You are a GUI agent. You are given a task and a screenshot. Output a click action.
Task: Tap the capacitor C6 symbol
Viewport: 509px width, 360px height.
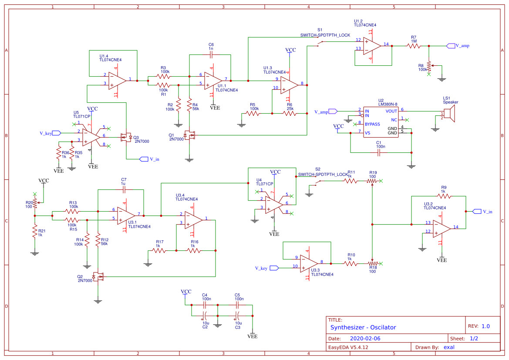[211, 55]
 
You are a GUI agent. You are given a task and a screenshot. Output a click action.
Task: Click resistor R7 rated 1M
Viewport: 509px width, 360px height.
[413, 46]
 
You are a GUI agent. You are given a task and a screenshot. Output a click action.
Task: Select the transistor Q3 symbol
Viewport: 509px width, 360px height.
[127, 138]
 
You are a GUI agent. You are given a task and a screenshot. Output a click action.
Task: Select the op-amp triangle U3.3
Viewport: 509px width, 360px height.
[310, 263]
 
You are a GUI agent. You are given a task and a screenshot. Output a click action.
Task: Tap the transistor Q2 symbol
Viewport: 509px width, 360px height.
[98, 276]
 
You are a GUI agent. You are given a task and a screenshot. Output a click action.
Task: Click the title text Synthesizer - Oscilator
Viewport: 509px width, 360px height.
[363, 327]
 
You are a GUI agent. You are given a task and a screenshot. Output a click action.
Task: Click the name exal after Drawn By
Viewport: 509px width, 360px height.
[449, 347]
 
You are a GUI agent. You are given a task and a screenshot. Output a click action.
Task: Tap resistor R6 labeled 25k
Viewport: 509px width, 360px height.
[289, 114]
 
